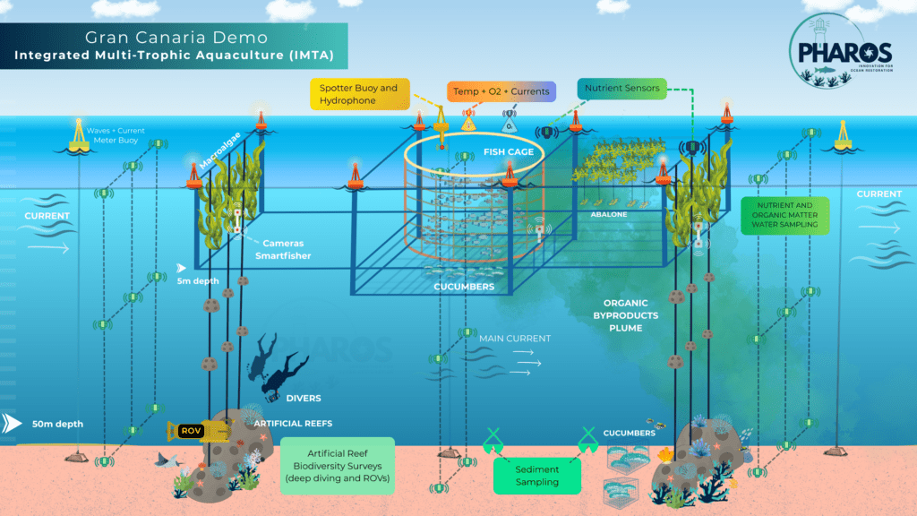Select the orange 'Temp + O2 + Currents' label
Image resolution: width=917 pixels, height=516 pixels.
point(501,91)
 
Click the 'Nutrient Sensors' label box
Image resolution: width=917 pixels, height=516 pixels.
point(621,89)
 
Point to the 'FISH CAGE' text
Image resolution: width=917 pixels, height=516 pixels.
point(509,152)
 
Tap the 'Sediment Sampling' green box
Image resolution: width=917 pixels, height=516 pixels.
point(537,476)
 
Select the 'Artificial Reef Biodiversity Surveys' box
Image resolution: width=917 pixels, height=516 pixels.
point(337,466)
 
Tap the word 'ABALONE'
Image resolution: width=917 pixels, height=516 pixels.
point(606,215)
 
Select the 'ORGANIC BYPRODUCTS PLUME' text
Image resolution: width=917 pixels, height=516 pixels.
point(625,315)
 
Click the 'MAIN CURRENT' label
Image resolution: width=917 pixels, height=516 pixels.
point(514,339)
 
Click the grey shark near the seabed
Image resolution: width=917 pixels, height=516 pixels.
point(167,461)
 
